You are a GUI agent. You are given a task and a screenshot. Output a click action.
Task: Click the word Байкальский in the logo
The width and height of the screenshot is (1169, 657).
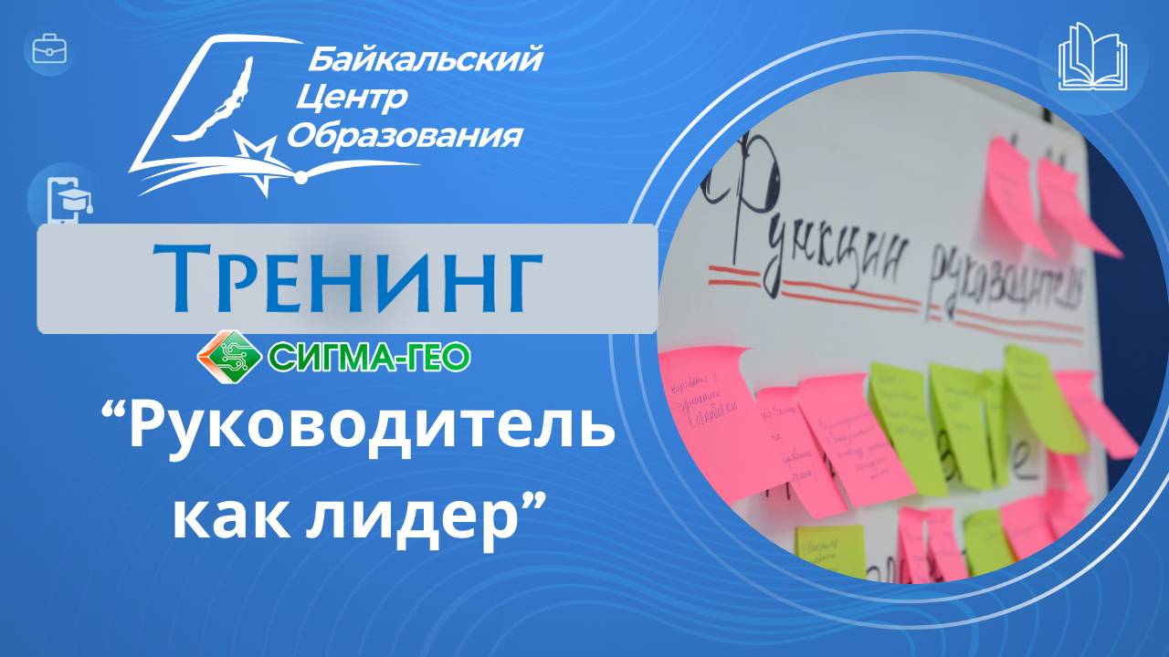[x=425, y=60]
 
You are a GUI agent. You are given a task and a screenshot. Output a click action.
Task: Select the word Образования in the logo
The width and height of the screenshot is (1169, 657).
[x=405, y=136]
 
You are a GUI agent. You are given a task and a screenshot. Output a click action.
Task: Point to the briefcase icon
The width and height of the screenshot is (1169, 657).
[x=49, y=50]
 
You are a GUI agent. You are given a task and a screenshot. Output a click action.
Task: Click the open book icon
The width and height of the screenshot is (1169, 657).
[x=1092, y=57]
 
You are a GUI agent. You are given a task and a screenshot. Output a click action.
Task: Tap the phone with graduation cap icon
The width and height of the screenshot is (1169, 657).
[x=67, y=197]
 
